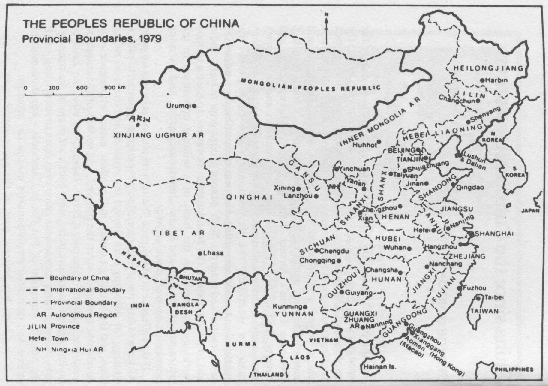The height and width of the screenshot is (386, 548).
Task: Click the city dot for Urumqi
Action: point(194,106)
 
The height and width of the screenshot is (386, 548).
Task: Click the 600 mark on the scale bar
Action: point(82,88)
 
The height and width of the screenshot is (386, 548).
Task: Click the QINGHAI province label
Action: point(249,197)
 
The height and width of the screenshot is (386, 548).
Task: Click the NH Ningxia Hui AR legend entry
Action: point(69,350)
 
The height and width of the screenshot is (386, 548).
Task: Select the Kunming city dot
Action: point(305,307)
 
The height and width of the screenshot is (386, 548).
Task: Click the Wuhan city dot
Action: point(409,248)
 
